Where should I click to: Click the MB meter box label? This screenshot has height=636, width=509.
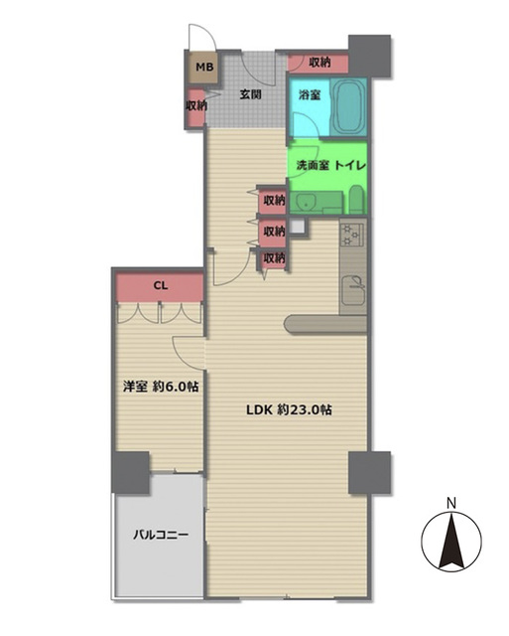click(203, 68)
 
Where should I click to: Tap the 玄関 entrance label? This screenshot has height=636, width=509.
click(250, 95)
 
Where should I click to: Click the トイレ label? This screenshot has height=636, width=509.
click(351, 163)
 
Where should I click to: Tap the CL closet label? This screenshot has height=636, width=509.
click(160, 287)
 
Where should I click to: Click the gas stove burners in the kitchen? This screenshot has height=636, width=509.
click(352, 236)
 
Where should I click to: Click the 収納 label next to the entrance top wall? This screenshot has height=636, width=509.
click(318, 63)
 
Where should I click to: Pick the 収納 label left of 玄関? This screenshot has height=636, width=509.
click(195, 105)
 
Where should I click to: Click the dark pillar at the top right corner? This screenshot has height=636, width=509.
click(370, 56)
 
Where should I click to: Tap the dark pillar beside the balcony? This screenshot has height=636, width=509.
click(131, 472)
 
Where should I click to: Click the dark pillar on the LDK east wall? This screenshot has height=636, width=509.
click(369, 472)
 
